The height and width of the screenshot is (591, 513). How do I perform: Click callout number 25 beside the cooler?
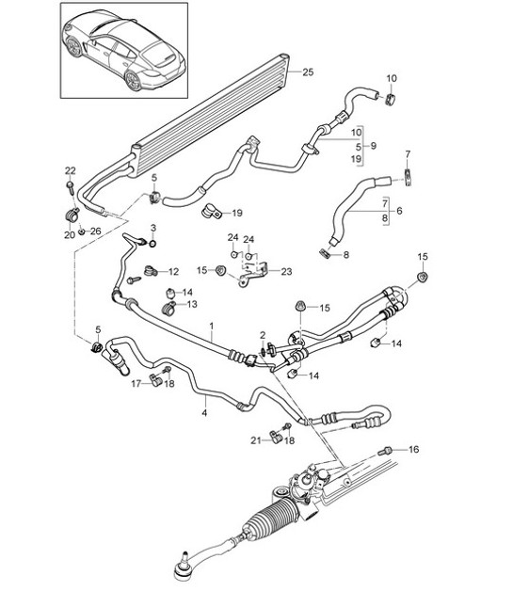(x=308, y=72)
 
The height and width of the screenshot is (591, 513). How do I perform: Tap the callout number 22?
(x=70, y=170)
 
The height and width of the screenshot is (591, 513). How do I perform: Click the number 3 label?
(x=154, y=230)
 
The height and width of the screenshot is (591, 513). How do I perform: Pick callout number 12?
(x=172, y=272)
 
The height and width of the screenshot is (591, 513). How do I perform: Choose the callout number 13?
(x=192, y=305)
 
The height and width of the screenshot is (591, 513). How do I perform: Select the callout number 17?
(x=135, y=382)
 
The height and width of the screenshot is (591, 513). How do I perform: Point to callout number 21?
(x=254, y=440)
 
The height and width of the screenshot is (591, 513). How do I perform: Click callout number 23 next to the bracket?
(x=287, y=272)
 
